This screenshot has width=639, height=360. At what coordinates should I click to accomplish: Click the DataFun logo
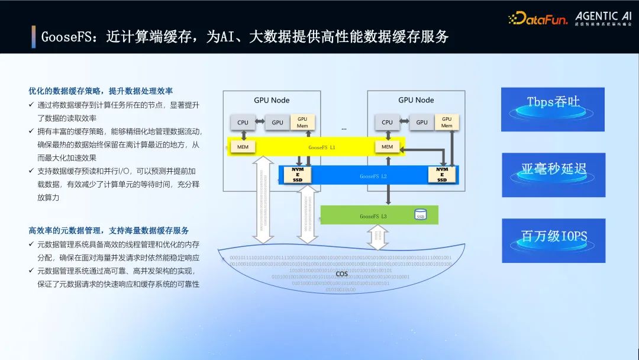click(x=538, y=18)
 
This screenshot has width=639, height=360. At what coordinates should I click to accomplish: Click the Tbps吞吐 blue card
click(x=553, y=109)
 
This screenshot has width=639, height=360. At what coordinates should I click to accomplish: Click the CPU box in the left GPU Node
click(x=243, y=123)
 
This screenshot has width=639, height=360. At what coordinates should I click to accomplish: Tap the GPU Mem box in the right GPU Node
click(x=447, y=122)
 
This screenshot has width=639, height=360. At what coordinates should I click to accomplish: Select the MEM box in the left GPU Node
click(x=243, y=146)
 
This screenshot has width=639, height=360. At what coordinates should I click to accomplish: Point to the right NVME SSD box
click(x=442, y=175)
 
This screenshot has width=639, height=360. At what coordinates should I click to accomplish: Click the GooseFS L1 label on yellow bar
click(x=322, y=147)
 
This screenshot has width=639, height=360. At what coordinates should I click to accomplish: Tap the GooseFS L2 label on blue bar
click(x=373, y=176)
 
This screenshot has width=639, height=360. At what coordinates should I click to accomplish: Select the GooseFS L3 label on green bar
click(x=373, y=216)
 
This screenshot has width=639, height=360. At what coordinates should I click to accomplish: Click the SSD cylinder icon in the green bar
click(x=420, y=215)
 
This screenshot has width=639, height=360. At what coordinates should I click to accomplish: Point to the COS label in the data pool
click(x=341, y=274)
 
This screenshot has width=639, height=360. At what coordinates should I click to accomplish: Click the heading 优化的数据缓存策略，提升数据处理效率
click(x=101, y=91)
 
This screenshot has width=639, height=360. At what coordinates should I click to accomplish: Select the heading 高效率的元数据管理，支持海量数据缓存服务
click(x=108, y=230)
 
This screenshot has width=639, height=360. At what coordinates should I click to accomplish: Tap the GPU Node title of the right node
click(x=416, y=100)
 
